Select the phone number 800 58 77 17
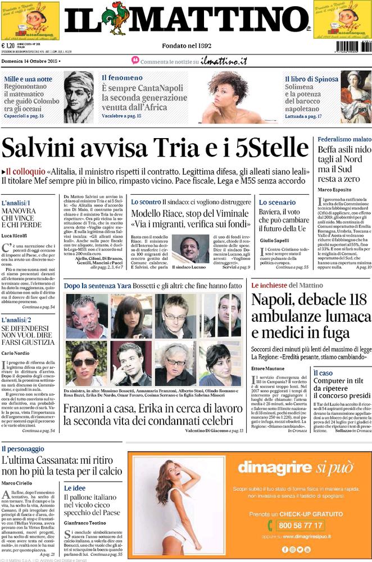tap(300, 526)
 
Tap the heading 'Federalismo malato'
tap(344, 139)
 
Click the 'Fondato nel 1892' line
tap(186, 45)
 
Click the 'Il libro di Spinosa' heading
tap(311, 80)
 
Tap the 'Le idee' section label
tap(74, 488)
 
